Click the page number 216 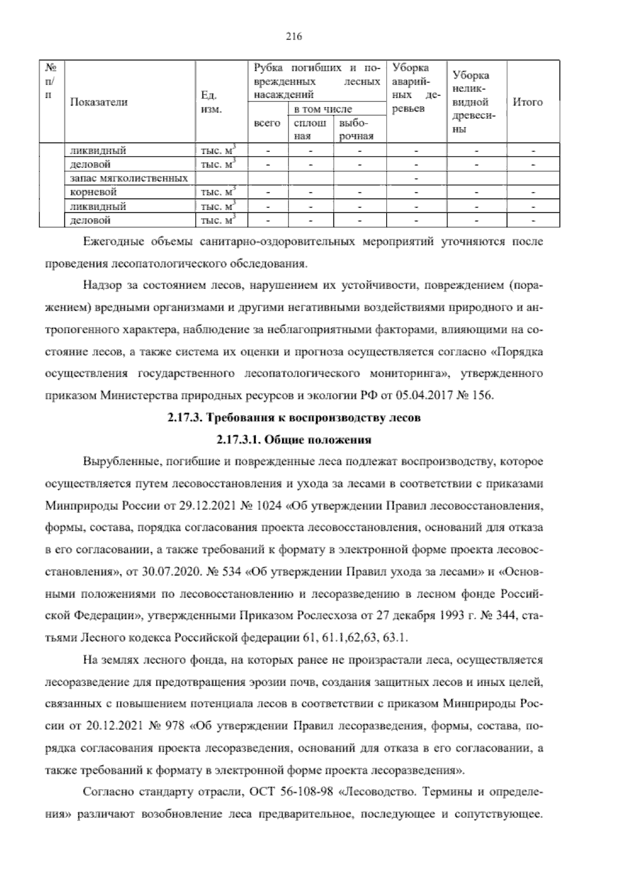click(x=294, y=36)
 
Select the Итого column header click(x=528, y=102)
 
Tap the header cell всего click(x=267, y=123)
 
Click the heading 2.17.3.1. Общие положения click(x=294, y=440)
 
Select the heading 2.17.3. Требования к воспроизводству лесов click(x=294, y=418)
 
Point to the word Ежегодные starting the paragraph click(x=114, y=242)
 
